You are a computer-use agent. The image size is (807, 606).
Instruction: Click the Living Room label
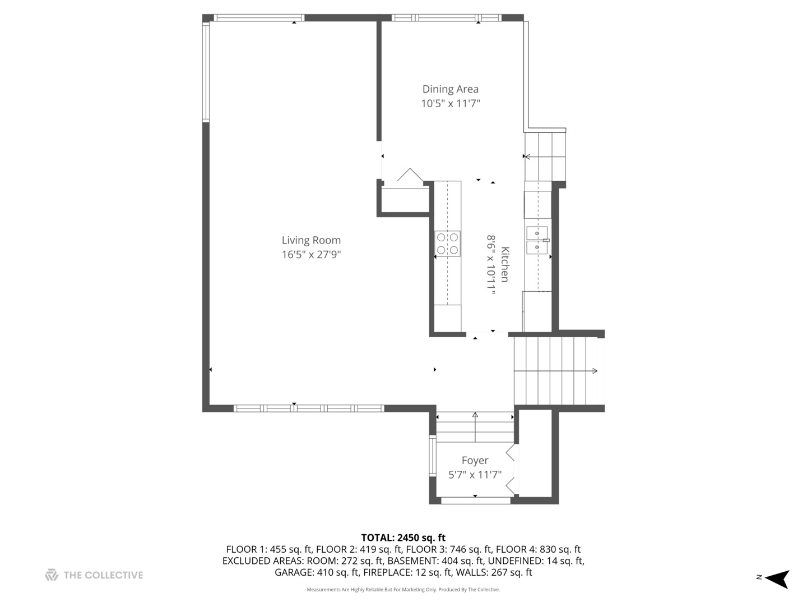click(x=311, y=240)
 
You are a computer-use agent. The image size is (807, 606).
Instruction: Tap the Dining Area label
click(x=451, y=89)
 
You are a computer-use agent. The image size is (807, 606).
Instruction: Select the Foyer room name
click(x=475, y=460)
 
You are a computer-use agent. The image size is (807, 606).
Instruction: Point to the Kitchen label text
click(x=505, y=264)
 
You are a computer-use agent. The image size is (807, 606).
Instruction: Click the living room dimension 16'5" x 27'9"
click(x=311, y=254)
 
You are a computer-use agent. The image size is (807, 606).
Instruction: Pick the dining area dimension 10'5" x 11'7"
click(x=451, y=103)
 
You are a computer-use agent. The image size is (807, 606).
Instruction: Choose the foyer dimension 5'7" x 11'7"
click(x=475, y=475)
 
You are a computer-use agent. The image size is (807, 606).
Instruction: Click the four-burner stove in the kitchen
click(x=447, y=244)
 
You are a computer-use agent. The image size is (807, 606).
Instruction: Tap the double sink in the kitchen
click(x=537, y=240)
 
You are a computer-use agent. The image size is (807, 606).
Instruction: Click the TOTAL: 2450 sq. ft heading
click(x=403, y=538)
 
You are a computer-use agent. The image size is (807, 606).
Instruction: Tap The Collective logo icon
click(x=52, y=575)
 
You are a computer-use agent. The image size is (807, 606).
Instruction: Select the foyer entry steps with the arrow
click(x=475, y=427)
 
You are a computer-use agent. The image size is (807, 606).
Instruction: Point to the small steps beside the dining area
click(x=545, y=157)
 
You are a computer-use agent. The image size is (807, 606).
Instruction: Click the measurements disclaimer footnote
click(x=403, y=589)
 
